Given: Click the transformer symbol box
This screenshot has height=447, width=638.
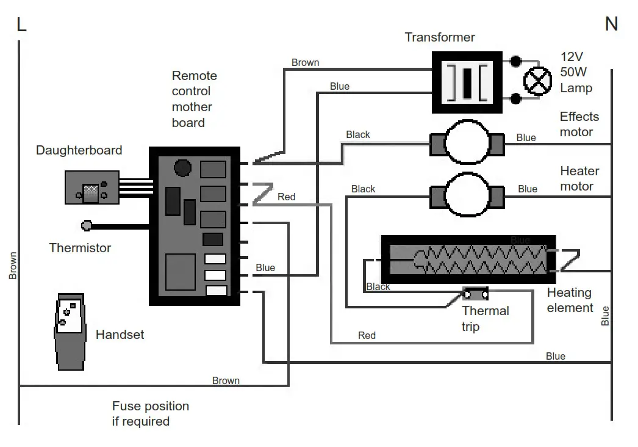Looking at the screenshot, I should (x=468, y=82).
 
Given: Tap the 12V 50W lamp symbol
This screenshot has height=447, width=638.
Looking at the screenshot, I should (x=537, y=81).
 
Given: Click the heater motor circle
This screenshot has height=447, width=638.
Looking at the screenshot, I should (x=467, y=196).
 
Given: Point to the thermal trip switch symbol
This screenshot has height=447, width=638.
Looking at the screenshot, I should (x=476, y=294).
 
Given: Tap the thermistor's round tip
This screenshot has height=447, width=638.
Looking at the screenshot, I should (x=87, y=226).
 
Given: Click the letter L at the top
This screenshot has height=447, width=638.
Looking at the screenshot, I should (x=21, y=24).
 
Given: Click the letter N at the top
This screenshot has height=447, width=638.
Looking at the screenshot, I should (x=611, y=24).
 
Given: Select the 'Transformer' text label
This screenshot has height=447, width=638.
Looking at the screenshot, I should (x=440, y=37).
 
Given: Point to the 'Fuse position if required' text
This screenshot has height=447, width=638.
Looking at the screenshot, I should (x=150, y=413).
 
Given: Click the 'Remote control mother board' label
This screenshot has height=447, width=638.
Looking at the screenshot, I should (x=194, y=99).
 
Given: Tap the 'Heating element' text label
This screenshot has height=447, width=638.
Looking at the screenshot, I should (x=570, y=300).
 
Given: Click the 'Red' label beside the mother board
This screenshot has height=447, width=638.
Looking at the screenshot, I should (x=286, y=197).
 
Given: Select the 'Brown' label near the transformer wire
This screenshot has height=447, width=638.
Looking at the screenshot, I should (x=305, y=62).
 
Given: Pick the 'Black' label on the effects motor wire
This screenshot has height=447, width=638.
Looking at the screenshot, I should (x=357, y=134).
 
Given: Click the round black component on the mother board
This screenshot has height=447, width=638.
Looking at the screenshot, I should (x=182, y=167).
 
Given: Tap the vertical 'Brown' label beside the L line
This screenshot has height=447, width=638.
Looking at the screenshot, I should (x=13, y=266).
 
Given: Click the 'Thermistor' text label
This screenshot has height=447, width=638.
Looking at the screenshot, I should (x=80, y=248).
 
